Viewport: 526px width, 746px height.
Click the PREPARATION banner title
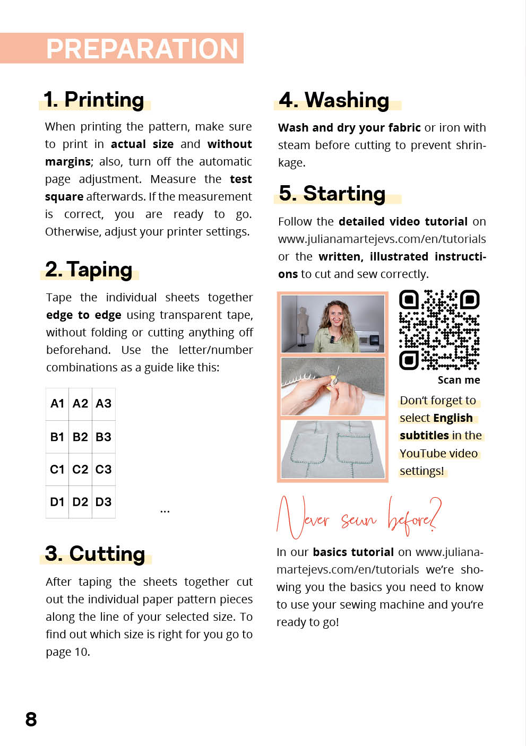pyautogui.click(x=142, y=49)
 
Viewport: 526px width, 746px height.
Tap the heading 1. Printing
pyautogui.click(x=94, y=100)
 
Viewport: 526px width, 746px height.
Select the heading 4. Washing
pyautogui.click(x=334, y=100)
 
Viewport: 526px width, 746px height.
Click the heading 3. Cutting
pyautogui.click(x=95, y=553)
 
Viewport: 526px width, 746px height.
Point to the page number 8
pyautogui.click(x=31, y=719)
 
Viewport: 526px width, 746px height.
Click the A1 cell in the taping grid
pyautogui.click(x=57, y=404)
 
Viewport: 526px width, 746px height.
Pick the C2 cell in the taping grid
pyautogui.click(x=80, y=470)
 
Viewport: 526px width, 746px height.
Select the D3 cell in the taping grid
pyautogui.click(x=104, y=502)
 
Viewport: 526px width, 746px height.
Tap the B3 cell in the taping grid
pyautogui.click(x=104, y=437)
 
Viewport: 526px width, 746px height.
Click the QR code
pyautogui.click(x=439, y=329)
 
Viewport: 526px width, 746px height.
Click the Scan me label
pyautogui.click(x=459, y=380)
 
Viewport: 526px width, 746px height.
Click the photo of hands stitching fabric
pyautogui.click(x=333, y=386)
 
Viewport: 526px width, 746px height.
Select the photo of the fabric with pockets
pyautogui.click(x=333, y=449)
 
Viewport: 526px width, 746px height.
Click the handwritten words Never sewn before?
pyautogui.click(x=358, y=516)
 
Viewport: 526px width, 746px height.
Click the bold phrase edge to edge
pyautogui.click(x=83, y=315)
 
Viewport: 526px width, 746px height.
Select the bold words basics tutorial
pyautogui.click(x=353, y=552)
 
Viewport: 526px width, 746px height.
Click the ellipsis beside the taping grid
pyautogui.click(x=165, y=511)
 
